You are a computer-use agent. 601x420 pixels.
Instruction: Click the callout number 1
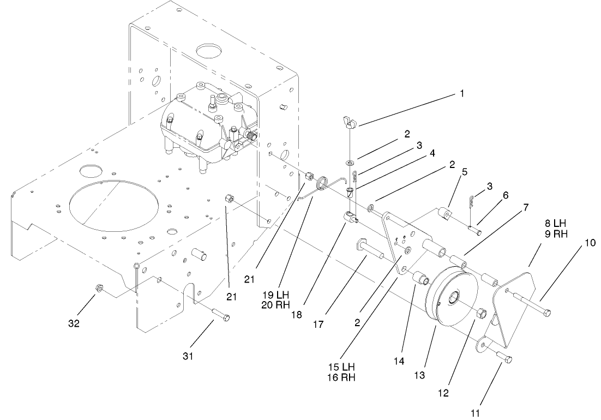pos(461,93)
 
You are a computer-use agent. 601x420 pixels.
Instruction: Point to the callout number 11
pos(475,413)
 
